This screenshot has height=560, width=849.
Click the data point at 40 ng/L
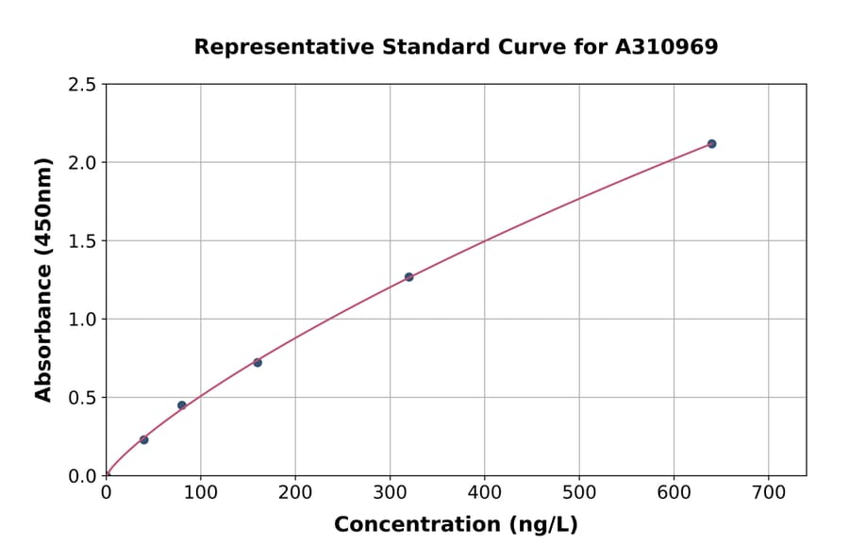coord(143,439)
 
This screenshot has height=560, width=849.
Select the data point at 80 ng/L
coord(182,405)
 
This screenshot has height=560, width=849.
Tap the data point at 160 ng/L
coord(258,362)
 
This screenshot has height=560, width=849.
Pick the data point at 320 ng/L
coord(408,277)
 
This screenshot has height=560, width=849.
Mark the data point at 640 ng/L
coord(711,143)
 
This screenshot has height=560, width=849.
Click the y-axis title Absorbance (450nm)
coord(43,279)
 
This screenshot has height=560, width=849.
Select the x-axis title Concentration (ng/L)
coord(456,524)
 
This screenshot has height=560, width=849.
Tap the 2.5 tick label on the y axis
coord(82,85)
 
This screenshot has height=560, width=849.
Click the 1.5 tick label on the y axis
coord(82,241)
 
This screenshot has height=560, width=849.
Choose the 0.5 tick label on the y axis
coord(82,398)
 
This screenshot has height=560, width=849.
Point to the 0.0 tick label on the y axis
coord(82,476)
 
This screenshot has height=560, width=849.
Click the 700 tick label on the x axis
coord(768,493)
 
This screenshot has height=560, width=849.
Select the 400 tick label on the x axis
coord(484,493)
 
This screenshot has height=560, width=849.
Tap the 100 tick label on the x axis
coord(200,493)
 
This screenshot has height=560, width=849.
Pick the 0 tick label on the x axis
coord(106,493)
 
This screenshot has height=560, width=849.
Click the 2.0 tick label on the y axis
coord(82,163)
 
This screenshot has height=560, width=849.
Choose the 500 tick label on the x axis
coord(578,493)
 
